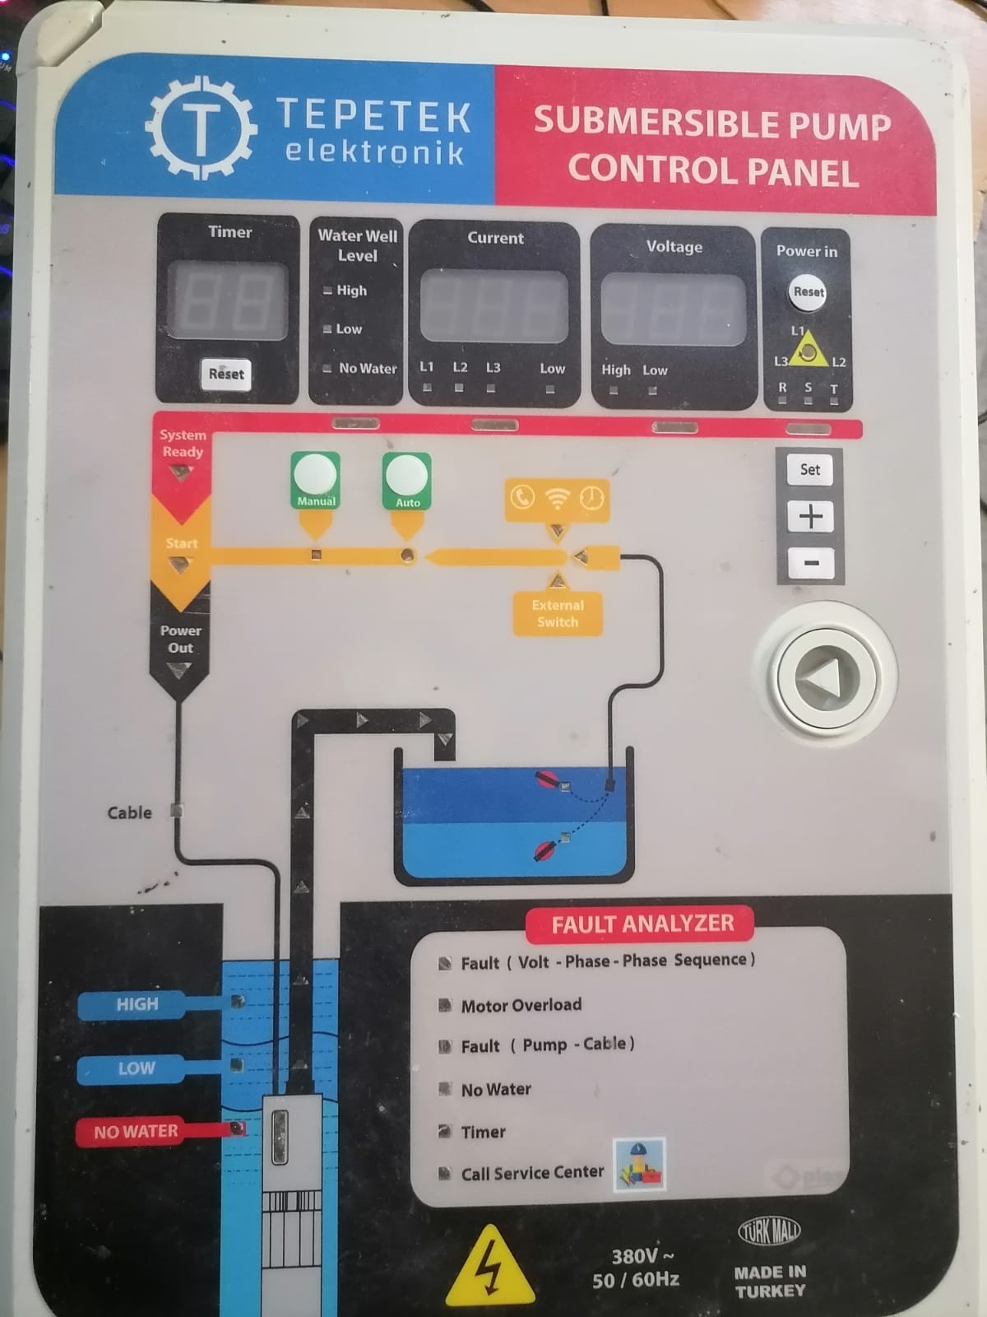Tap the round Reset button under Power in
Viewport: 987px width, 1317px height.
pyautogui.click(x=809, y=292)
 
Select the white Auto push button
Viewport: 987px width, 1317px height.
pyautogui.click(x=407, y=475)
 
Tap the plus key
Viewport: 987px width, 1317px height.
pyautogui.click(x=810, y=516)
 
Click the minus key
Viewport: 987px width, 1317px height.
pyautogui.click(x=810, y=563)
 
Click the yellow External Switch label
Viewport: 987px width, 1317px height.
pyautogui.click(x=558, y=613)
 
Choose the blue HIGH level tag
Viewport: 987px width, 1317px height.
pyautogui.click(x=137, y=1004)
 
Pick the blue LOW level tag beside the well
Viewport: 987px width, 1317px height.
pyautogui.click(x=136, y=1068)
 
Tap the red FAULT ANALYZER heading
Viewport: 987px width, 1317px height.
pyautogui.click(x=642, y=924)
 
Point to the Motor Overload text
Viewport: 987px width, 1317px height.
pyautogui.click(x=521, y=1005)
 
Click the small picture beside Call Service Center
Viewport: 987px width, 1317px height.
pyautogui.click(x=639, y=1164)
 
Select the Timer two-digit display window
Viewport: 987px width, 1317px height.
pyautogui.click(x=228, y=300)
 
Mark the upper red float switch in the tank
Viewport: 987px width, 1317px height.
pyautogui.click(x=546, y=779)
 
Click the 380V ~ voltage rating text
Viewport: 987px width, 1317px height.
pyautogui.click(x=642, y=1255)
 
